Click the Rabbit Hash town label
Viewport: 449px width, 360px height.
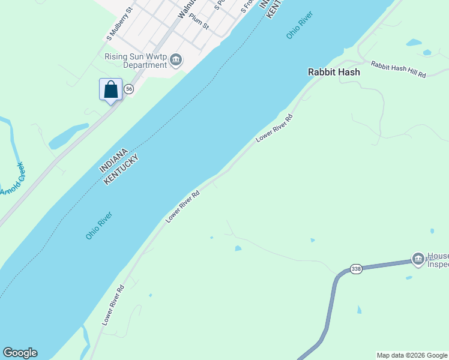[x=334, y=72]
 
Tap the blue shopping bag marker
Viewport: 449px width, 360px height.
[x=110, y=90]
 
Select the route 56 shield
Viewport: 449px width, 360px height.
[x=128, y=89]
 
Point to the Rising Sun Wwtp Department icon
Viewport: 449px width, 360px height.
[x=176, y=59]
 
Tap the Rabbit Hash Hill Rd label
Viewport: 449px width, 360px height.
[x=398, y=69]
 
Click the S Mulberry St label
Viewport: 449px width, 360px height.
[x=119, y=25]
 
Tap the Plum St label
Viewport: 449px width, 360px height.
[x=199, y=23]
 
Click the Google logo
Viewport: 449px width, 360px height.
[x=20, y=353]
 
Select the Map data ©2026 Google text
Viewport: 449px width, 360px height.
[x=411, y=355]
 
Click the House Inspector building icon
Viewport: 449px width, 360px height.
[x=418, y=259]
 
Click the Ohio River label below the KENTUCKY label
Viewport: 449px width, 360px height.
[x=99, y=226]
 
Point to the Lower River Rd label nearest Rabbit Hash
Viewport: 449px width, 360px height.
[x=274, y=128]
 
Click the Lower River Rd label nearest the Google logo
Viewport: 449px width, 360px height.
[x=113, y=305]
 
